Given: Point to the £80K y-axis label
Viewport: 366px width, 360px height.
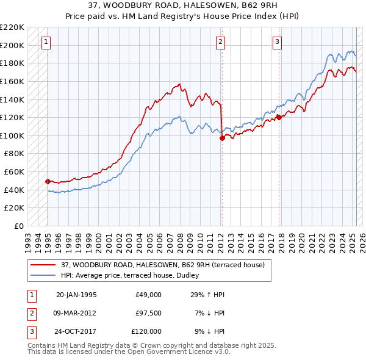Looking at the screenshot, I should coord(14,154).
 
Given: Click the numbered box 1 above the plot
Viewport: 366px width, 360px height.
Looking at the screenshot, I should coord(47,42).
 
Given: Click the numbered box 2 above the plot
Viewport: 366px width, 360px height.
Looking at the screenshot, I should coord(220,42).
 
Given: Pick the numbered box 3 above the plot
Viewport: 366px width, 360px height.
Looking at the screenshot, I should coord(277,42).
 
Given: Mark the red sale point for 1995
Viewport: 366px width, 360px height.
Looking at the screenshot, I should coord(48,181).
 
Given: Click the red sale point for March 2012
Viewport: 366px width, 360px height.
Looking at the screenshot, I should coord(222,138).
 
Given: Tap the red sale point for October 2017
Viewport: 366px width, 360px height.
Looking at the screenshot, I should coord(278,117).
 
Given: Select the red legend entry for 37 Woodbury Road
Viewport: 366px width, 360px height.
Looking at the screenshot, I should coord(162,265).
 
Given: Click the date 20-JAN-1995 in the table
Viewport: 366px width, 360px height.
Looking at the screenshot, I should coord(76,295).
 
